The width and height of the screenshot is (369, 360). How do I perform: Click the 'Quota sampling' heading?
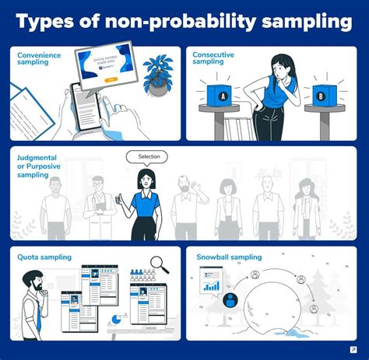pos(44,257)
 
